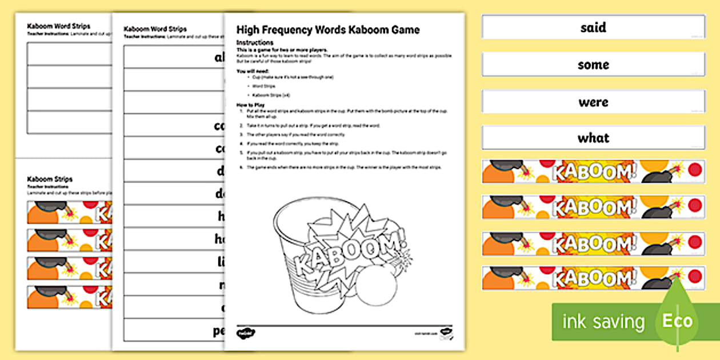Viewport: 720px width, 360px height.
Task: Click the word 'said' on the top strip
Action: coord(593,27)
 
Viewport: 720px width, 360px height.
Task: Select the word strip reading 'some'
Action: coord(593,65)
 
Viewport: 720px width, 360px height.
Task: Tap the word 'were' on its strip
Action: coord(593,102)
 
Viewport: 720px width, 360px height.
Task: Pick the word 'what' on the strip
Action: coord(593,138)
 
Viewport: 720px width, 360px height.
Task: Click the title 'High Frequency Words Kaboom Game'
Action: coord(328,30)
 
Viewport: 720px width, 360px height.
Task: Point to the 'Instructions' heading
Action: coord(255,43)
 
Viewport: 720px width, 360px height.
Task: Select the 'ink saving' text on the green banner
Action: coord(603,322)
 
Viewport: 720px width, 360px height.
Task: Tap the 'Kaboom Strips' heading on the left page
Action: coord(50,179)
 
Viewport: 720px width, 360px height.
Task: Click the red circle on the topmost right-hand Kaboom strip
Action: coord(695,170)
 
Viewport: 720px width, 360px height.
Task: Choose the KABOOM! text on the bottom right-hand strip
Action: coord(594,278)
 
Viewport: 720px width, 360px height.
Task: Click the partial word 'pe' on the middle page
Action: coord(218,330)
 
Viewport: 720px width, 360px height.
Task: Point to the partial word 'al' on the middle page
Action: coord(219,57)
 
